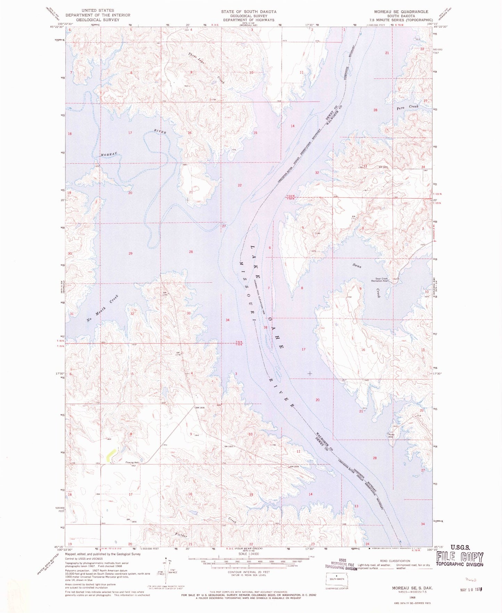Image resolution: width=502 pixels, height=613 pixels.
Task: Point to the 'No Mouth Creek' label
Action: coord(102,308)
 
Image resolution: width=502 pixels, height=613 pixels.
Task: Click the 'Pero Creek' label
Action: coord(408,107)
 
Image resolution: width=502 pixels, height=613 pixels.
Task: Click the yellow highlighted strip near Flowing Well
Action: coord(111,453)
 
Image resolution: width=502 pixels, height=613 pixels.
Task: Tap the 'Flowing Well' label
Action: coord(132,462)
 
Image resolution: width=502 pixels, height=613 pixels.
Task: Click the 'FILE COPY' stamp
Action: coord(459,558)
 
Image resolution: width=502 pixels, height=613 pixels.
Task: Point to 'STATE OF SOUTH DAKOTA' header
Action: coord(249,11)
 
